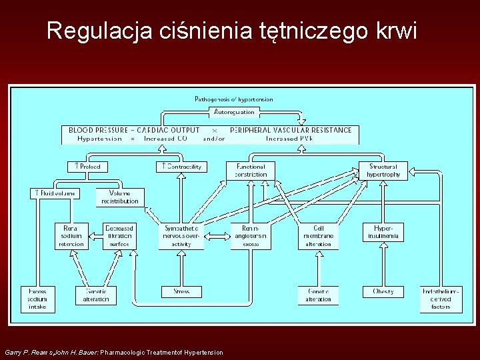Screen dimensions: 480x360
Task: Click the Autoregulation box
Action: pyautogui.click(x=234, y=111)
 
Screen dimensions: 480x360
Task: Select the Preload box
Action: pyautogui.click(x=87, y=167)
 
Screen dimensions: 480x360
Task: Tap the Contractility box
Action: pyautogui.click(x=181, y=167)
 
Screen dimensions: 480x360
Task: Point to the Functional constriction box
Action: pyautogui.click(x=250, y=171)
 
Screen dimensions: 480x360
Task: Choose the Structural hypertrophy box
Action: pyautogui.click(x=383, y=171)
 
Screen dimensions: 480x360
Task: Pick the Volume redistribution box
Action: pyautogui.click(x=120, y=197)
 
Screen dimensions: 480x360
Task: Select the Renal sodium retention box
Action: pyautogui.click(x=71, y=235)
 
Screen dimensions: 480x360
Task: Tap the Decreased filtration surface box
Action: pyautogui.click(x=120, y=235)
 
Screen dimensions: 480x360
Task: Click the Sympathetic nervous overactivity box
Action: pyautogui.click(x=181, y=235)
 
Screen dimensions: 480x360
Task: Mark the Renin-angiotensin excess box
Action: pyautogui.click(x=250, y=235)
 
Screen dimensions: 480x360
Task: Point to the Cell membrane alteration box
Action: pyautogui.click(x=318, y=235)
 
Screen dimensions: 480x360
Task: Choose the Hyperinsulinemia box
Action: pyautogui.click(x=383, y=232)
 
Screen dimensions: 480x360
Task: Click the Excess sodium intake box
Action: pyautogui.click(x=37, y=299)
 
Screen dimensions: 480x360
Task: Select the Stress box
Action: pyautogui.click(x=181, y=291)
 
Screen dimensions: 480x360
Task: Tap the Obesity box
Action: pyautogui.click(x=383, y=291)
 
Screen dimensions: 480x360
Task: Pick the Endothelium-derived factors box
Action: pyautogui.click(x=441, y=299)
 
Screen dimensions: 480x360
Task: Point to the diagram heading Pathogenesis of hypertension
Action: pyautogui.click(x=233, y=99)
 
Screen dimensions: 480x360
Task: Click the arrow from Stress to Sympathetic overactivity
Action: pyautogui.click(x=181, y=268)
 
